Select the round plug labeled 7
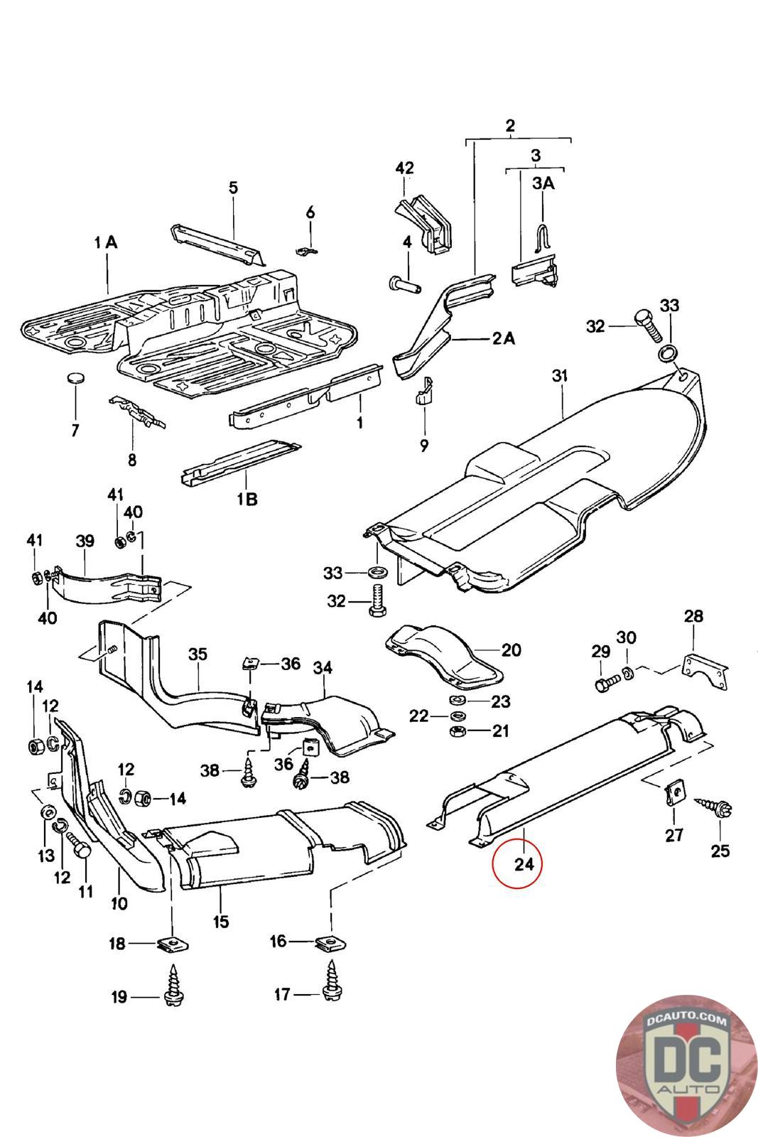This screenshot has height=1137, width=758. (x=75, y=377)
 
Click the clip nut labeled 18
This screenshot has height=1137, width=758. (x=168, y=945)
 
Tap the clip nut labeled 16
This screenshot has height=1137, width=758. (x=325, y=944)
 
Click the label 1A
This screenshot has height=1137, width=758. (x=105, y=242)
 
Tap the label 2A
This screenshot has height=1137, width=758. (x=503, y=338)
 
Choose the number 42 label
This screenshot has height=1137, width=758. (x=404, y=168)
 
